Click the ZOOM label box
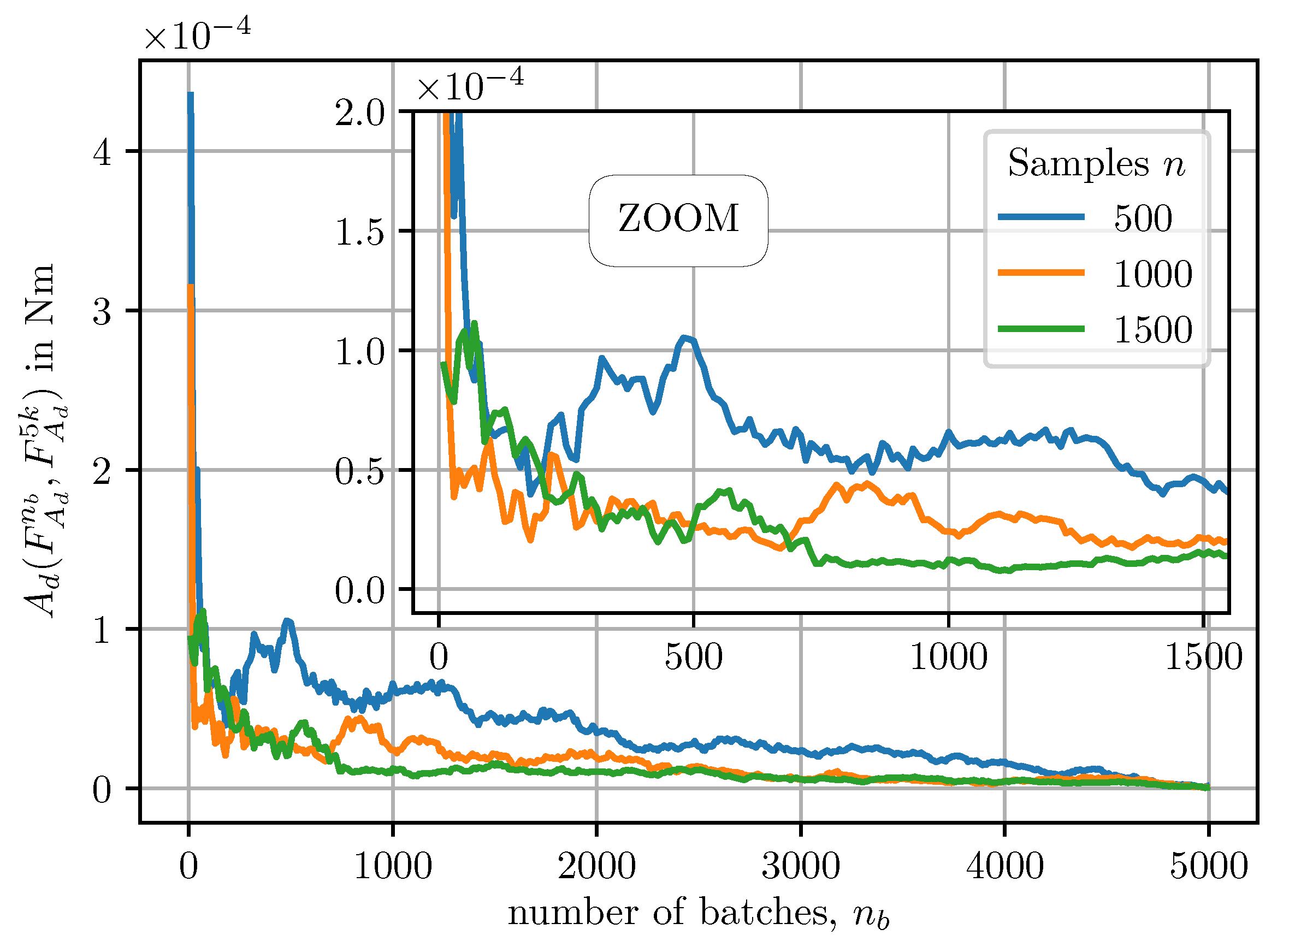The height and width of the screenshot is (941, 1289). pos(678,221)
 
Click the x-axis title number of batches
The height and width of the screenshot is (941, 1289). pos(699,914)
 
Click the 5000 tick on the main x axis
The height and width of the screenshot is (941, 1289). pos(1208,867)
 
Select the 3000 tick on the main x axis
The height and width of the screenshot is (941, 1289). pos(800,867)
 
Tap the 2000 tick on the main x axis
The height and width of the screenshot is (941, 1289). pos(596,867)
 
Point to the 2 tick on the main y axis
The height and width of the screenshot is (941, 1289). pos(102,471)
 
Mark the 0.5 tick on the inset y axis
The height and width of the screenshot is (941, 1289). pos(360,471)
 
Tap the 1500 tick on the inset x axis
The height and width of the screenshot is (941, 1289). pos(1203,657)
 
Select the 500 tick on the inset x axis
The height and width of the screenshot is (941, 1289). pos(693,657)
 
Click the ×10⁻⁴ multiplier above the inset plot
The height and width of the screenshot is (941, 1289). pos(470,84)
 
